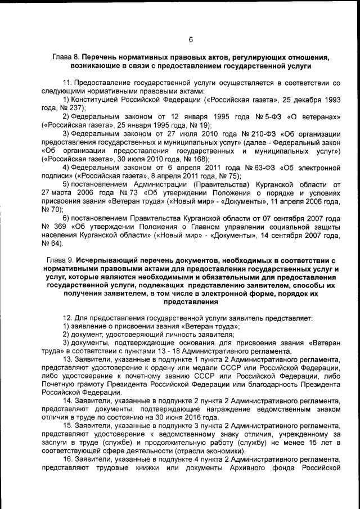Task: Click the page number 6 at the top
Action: coord(191,39)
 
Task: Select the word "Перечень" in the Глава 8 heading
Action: coord(101,57)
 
